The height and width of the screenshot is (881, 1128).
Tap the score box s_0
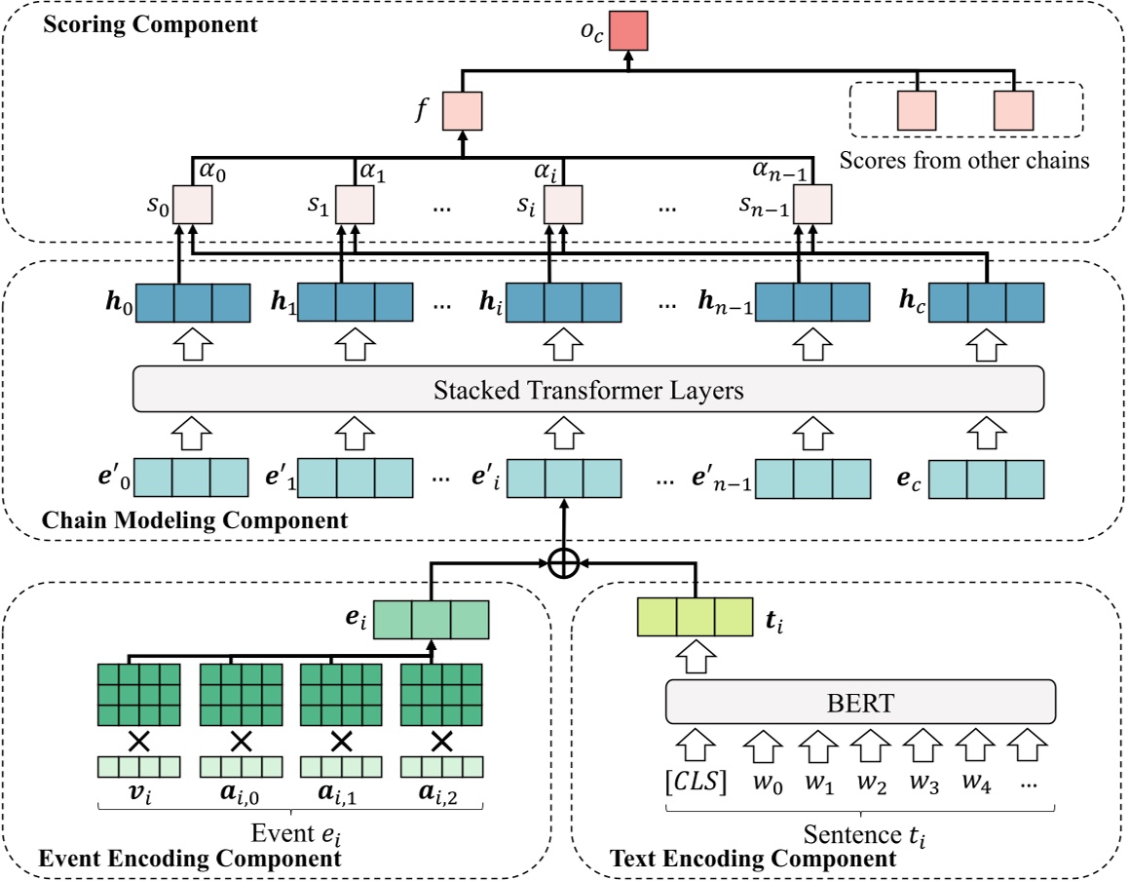pyautogui.click(x=193, y=205)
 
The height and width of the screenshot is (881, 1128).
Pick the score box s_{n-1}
pyautogui.click(x=811, y=205)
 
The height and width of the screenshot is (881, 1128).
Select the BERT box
pyautogui.click(x=860, y=702)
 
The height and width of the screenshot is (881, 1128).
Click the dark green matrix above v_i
pyautogui.click(x=139, y=696)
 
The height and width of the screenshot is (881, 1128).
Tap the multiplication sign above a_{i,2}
pyautogui.click(x=442, y=741)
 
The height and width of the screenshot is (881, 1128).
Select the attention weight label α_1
pyautogui.click(x=373, y=172)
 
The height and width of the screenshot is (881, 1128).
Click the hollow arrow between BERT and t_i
pyautogui.click(x=696, y=658)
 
